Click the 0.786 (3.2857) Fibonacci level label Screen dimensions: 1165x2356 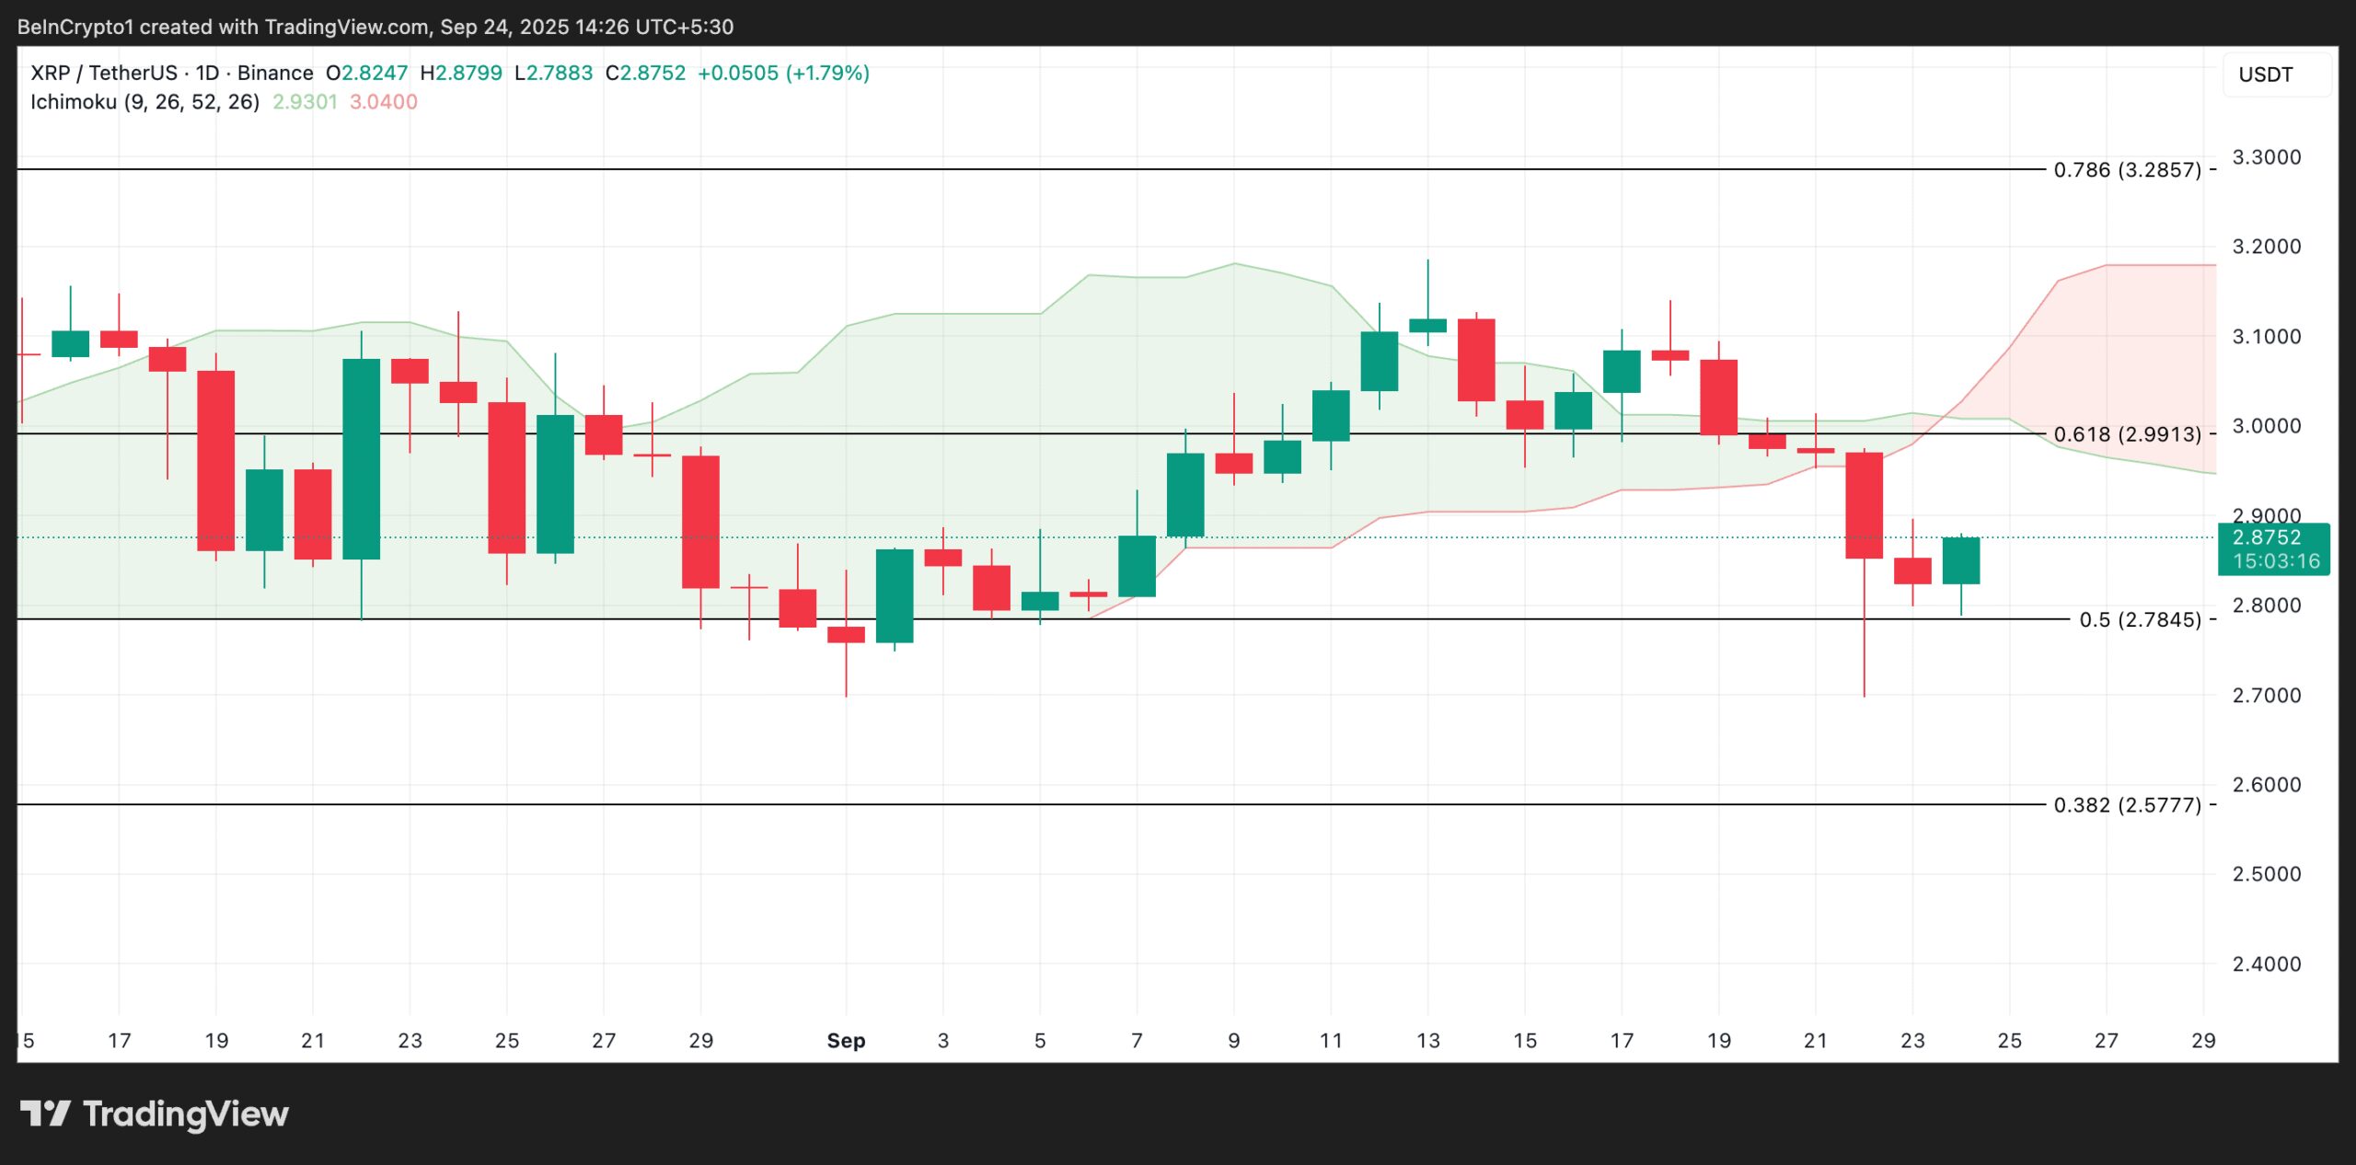(x=2127, y=170)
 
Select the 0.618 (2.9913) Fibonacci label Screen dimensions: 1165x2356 (x=2127, y=434)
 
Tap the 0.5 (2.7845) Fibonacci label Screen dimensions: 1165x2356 (x=2140, y=620)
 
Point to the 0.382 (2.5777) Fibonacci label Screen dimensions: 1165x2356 (x=2127, y=805)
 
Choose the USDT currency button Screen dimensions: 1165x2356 (x=2265, y=75)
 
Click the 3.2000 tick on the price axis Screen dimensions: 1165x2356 (x=2266, y=247)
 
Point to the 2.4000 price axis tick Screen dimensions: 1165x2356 (x=2266, y=964)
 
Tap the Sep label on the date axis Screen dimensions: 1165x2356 (x=846, y=1041)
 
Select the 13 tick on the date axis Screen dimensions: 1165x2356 (x=1427, y=1041)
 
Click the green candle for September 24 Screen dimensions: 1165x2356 (x=1960, y=560)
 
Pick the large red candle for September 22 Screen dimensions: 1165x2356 (x=1864, y=505)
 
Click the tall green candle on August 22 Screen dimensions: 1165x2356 (x=361, y=458)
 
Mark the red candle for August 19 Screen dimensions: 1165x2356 (x=215, y=460)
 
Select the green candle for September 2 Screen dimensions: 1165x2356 (x=895, y=595)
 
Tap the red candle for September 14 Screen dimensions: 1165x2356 (x=1475, y=360)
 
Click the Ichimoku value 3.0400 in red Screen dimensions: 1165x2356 (x=383, y=102)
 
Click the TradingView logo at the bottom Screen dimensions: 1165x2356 (x=155, y=1114)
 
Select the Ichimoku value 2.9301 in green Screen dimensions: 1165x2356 (x=305, y=102)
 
